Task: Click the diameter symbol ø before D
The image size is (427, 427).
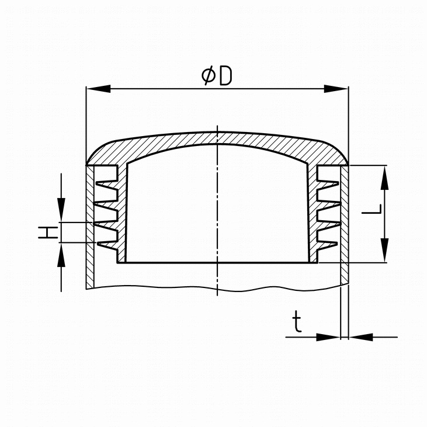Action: click(x=209, y=76)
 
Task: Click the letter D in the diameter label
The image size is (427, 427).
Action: click(x=225, y=76)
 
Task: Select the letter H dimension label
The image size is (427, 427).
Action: click(x=48, y=232)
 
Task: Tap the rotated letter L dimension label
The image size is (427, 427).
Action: click(x=372, y=209)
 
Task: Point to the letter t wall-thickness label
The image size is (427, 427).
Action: click(x=297, y=322)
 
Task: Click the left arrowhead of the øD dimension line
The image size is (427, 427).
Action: click(x=98, y=89)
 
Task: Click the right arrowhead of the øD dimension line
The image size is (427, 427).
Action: click(x=336, y=89)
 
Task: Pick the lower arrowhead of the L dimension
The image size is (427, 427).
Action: click(x=384, y=250)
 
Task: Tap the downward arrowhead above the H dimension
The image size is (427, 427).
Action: click(x=61, y=210)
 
